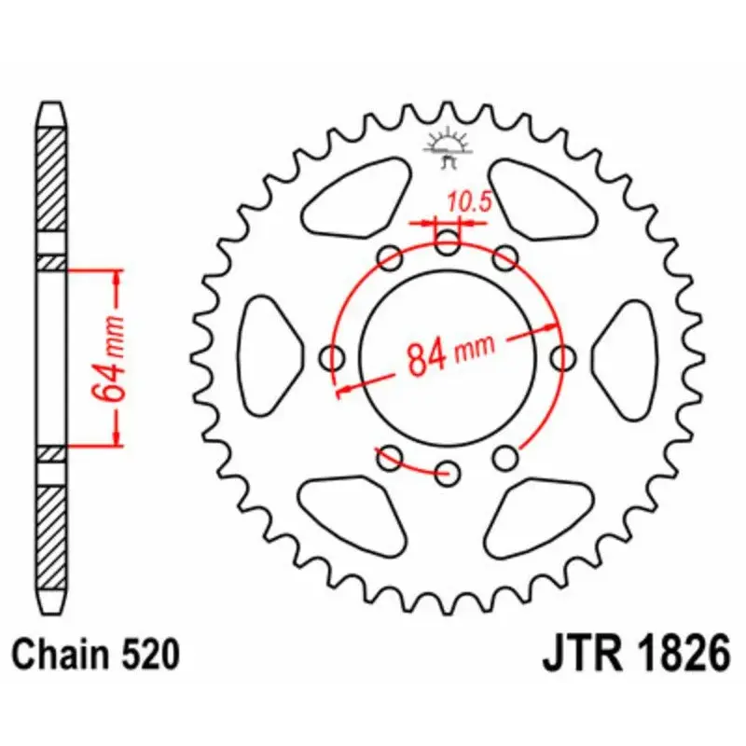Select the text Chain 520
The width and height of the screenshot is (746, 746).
pyautogui.click(x=95, y=656)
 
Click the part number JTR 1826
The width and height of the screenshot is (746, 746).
pyautogui.click(x=635, y=655)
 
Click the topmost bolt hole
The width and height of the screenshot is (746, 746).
pyautogui.click(x=448, y=245)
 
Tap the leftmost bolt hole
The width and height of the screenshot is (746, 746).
pyautogui.click(x=331, y=356)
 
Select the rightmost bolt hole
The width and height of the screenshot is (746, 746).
pyautogui.click(x=562, y=357)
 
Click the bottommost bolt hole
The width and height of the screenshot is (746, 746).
pyautogui.click(x=449, y=470)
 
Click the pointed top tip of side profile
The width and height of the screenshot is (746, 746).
pyautogui.click(x=51, y=105)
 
